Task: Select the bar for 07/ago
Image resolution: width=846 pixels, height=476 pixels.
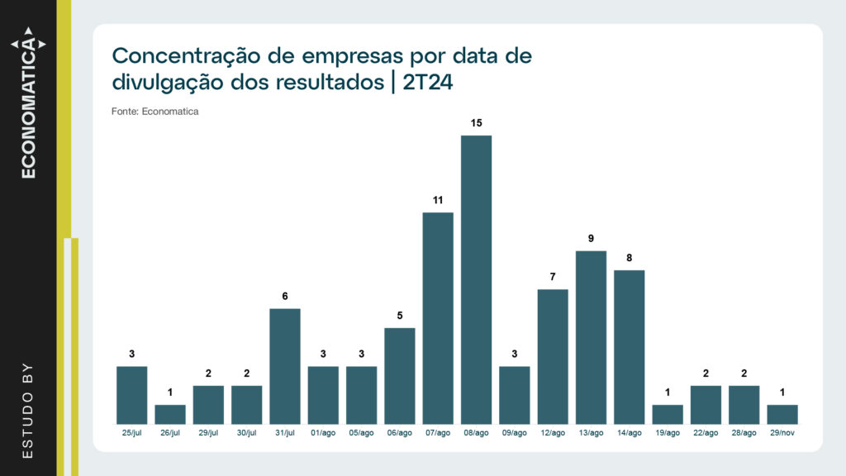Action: [438, 318]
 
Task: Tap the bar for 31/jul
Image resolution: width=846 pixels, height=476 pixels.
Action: [285, 366]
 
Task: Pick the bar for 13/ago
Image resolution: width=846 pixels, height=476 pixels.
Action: [591, 337]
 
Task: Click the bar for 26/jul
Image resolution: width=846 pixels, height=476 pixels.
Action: [170, 414]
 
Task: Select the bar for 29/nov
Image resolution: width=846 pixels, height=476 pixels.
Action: [782, 414]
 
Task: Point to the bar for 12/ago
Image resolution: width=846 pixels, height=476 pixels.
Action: [553, 356]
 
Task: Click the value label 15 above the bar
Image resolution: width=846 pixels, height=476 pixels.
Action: [476, 123]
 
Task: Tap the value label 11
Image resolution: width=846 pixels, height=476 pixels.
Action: [438, 200]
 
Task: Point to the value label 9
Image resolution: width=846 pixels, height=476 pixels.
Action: [591, 239]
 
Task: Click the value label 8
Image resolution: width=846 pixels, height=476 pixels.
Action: [629, 258]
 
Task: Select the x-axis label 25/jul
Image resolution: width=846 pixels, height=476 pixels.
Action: [132, 433]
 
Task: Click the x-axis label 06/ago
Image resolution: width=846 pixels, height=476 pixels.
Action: [400, 433]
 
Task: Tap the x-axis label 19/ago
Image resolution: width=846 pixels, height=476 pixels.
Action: [668, 433]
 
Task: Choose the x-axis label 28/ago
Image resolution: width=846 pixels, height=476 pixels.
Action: [744, 433]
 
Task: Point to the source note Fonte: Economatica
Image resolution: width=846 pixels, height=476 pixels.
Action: [155, 111]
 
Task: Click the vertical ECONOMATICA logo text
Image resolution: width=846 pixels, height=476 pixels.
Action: [29, 107]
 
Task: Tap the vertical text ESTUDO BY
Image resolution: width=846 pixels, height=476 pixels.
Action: [28, 410]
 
